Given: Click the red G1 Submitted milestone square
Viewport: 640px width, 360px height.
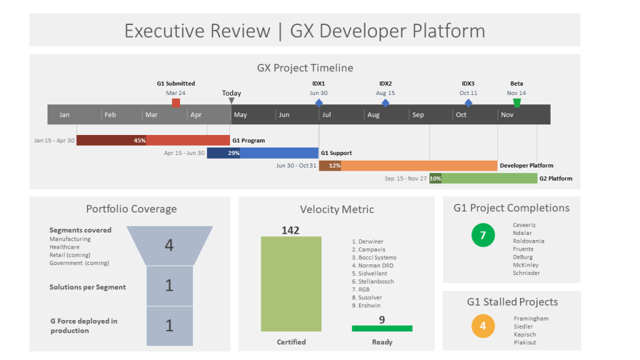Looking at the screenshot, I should click(x=176, y=102).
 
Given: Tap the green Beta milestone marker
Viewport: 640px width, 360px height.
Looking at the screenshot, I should click(x=516, y=102).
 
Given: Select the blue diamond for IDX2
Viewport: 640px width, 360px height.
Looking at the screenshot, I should click(x=385, y=102).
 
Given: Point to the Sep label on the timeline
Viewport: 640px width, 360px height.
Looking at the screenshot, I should click(x=418, y=115).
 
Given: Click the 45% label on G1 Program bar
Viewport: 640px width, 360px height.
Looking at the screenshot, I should click(x=139, y=141).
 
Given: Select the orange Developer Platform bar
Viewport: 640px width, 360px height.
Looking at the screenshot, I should click(x=419, y=166).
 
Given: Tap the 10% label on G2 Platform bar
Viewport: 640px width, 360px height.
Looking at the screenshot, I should click(x=435, y=178).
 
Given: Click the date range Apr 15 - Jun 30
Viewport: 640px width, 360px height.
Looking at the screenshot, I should click(x=184, y=153).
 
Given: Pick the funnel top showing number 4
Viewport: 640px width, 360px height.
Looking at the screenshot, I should click(x=169, y=245).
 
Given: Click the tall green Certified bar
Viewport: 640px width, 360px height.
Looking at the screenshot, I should click(x=291, y=284).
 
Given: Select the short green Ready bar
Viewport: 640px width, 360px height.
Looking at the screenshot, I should click(x=382, y=328).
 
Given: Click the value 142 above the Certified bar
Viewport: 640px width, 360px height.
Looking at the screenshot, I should click(x=291, y=230).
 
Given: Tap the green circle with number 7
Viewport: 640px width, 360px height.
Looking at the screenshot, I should click(x=482, y=236).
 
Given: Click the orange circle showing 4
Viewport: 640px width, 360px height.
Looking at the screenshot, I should click(x=482, y=326).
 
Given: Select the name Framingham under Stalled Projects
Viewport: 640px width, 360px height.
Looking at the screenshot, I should click(x=531, y=318).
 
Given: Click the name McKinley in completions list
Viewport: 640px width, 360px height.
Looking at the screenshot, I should click(x=526, y=265).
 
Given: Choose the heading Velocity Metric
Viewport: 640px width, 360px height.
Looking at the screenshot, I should click(x=336, y=209).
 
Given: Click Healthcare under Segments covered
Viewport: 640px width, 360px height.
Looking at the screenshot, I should click(x=64, y=247).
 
